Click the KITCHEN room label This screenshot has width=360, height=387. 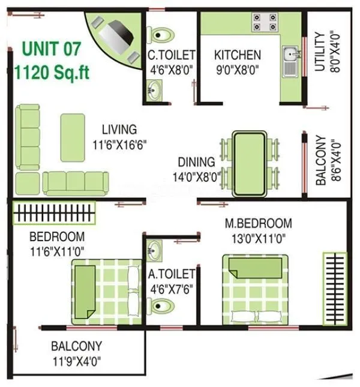point(237,55)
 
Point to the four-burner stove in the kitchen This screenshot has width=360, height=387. point(265,22)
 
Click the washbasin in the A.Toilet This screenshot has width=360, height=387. point(154,248)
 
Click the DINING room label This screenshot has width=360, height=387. point(196,162)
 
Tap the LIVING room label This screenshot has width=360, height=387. point(119,130)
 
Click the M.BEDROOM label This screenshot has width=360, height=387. point(258,224)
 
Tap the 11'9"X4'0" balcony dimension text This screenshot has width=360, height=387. point(76,361)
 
